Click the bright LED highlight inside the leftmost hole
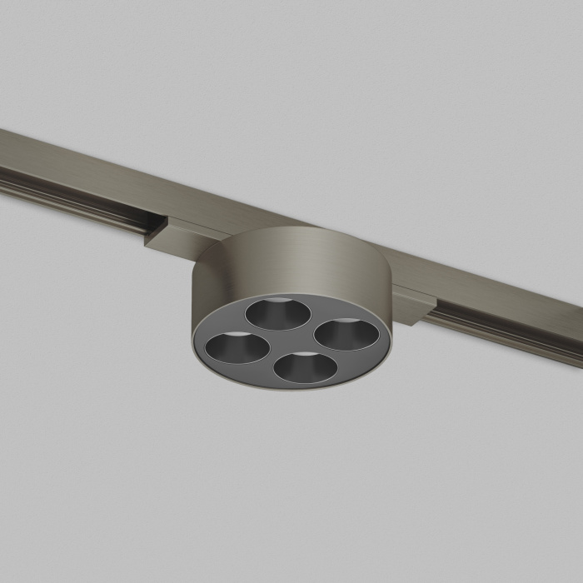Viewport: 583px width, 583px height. tap(231, 335)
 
